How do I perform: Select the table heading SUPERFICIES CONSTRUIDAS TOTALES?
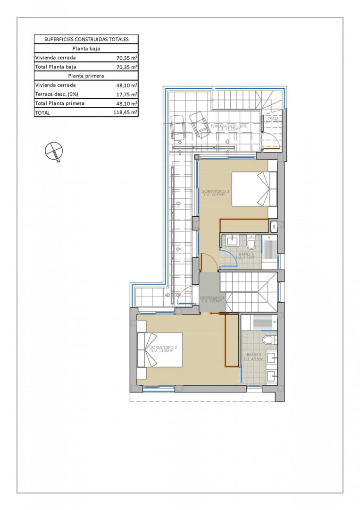(x=86, y=40)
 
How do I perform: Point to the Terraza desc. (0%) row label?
(x=55, y=94)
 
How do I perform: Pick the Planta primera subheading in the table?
(x=86, y=76)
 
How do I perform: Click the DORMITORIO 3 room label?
(x=215, y=192)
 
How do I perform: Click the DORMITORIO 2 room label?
(x=163, y=348)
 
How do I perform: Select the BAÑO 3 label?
(x=246, y=255)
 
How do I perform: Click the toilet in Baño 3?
(x=251, y=243)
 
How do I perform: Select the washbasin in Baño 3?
(x=233, y=241)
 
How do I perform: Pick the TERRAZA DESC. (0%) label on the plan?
(x=231, y=127)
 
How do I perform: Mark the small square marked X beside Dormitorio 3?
(x=274, y=227)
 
